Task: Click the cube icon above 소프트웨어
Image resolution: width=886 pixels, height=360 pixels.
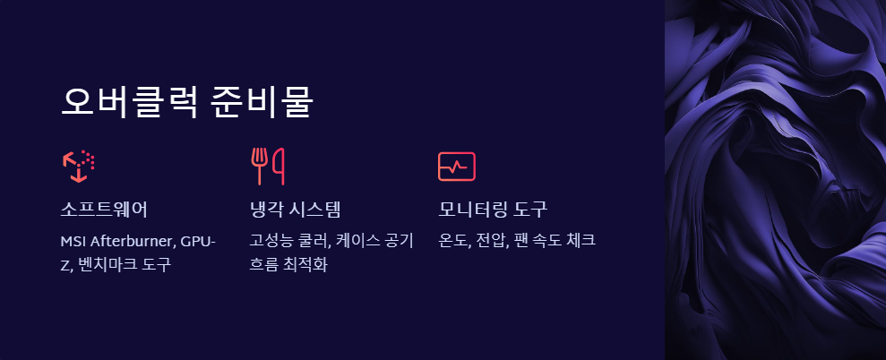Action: pyautogui.click(x=79, y=166)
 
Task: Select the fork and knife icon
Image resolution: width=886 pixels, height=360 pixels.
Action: pyautogui.click(x=268, y=166)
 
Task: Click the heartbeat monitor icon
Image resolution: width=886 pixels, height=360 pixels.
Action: pyautogui.click(x=456, y=166)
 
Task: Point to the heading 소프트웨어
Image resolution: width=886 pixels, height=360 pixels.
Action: pyautogui.click(x=104, y=210)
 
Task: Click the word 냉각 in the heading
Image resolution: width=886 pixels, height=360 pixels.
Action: pyautogui.click(x=265, y=210)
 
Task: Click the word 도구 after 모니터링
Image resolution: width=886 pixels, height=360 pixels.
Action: pyautogui.click(x=530, y=210)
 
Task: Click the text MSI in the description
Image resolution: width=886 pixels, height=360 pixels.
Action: pyautogui.click(x=73, y=242)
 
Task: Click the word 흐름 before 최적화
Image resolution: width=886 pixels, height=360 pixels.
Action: pyautogui.click(x=264, y=265)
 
